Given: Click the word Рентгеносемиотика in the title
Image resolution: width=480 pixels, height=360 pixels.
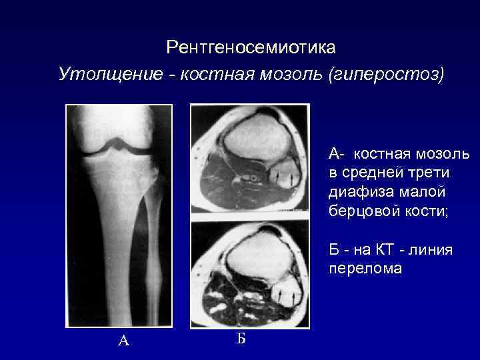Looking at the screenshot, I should (x=251, y=48).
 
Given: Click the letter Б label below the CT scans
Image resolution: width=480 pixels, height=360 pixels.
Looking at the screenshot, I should (x=241, y=338).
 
